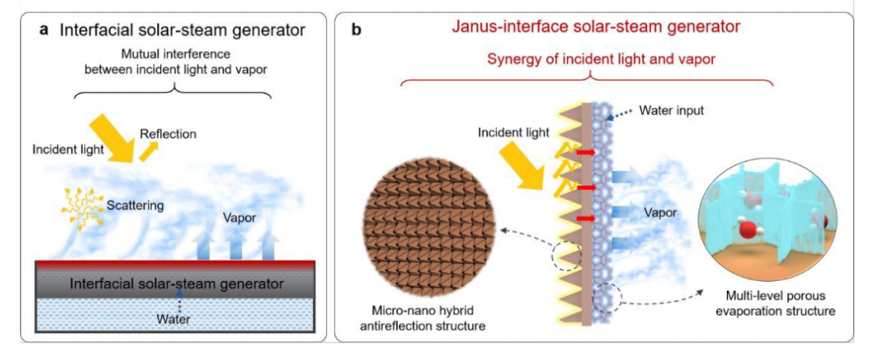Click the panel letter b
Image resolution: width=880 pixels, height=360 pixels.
(x=356, y=30)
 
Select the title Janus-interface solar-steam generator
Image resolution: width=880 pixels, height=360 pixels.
(x=596, y=27)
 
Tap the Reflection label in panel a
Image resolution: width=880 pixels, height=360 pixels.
(x=168, y=134)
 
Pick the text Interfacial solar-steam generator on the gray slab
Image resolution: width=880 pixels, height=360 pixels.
(x=176, y=284)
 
